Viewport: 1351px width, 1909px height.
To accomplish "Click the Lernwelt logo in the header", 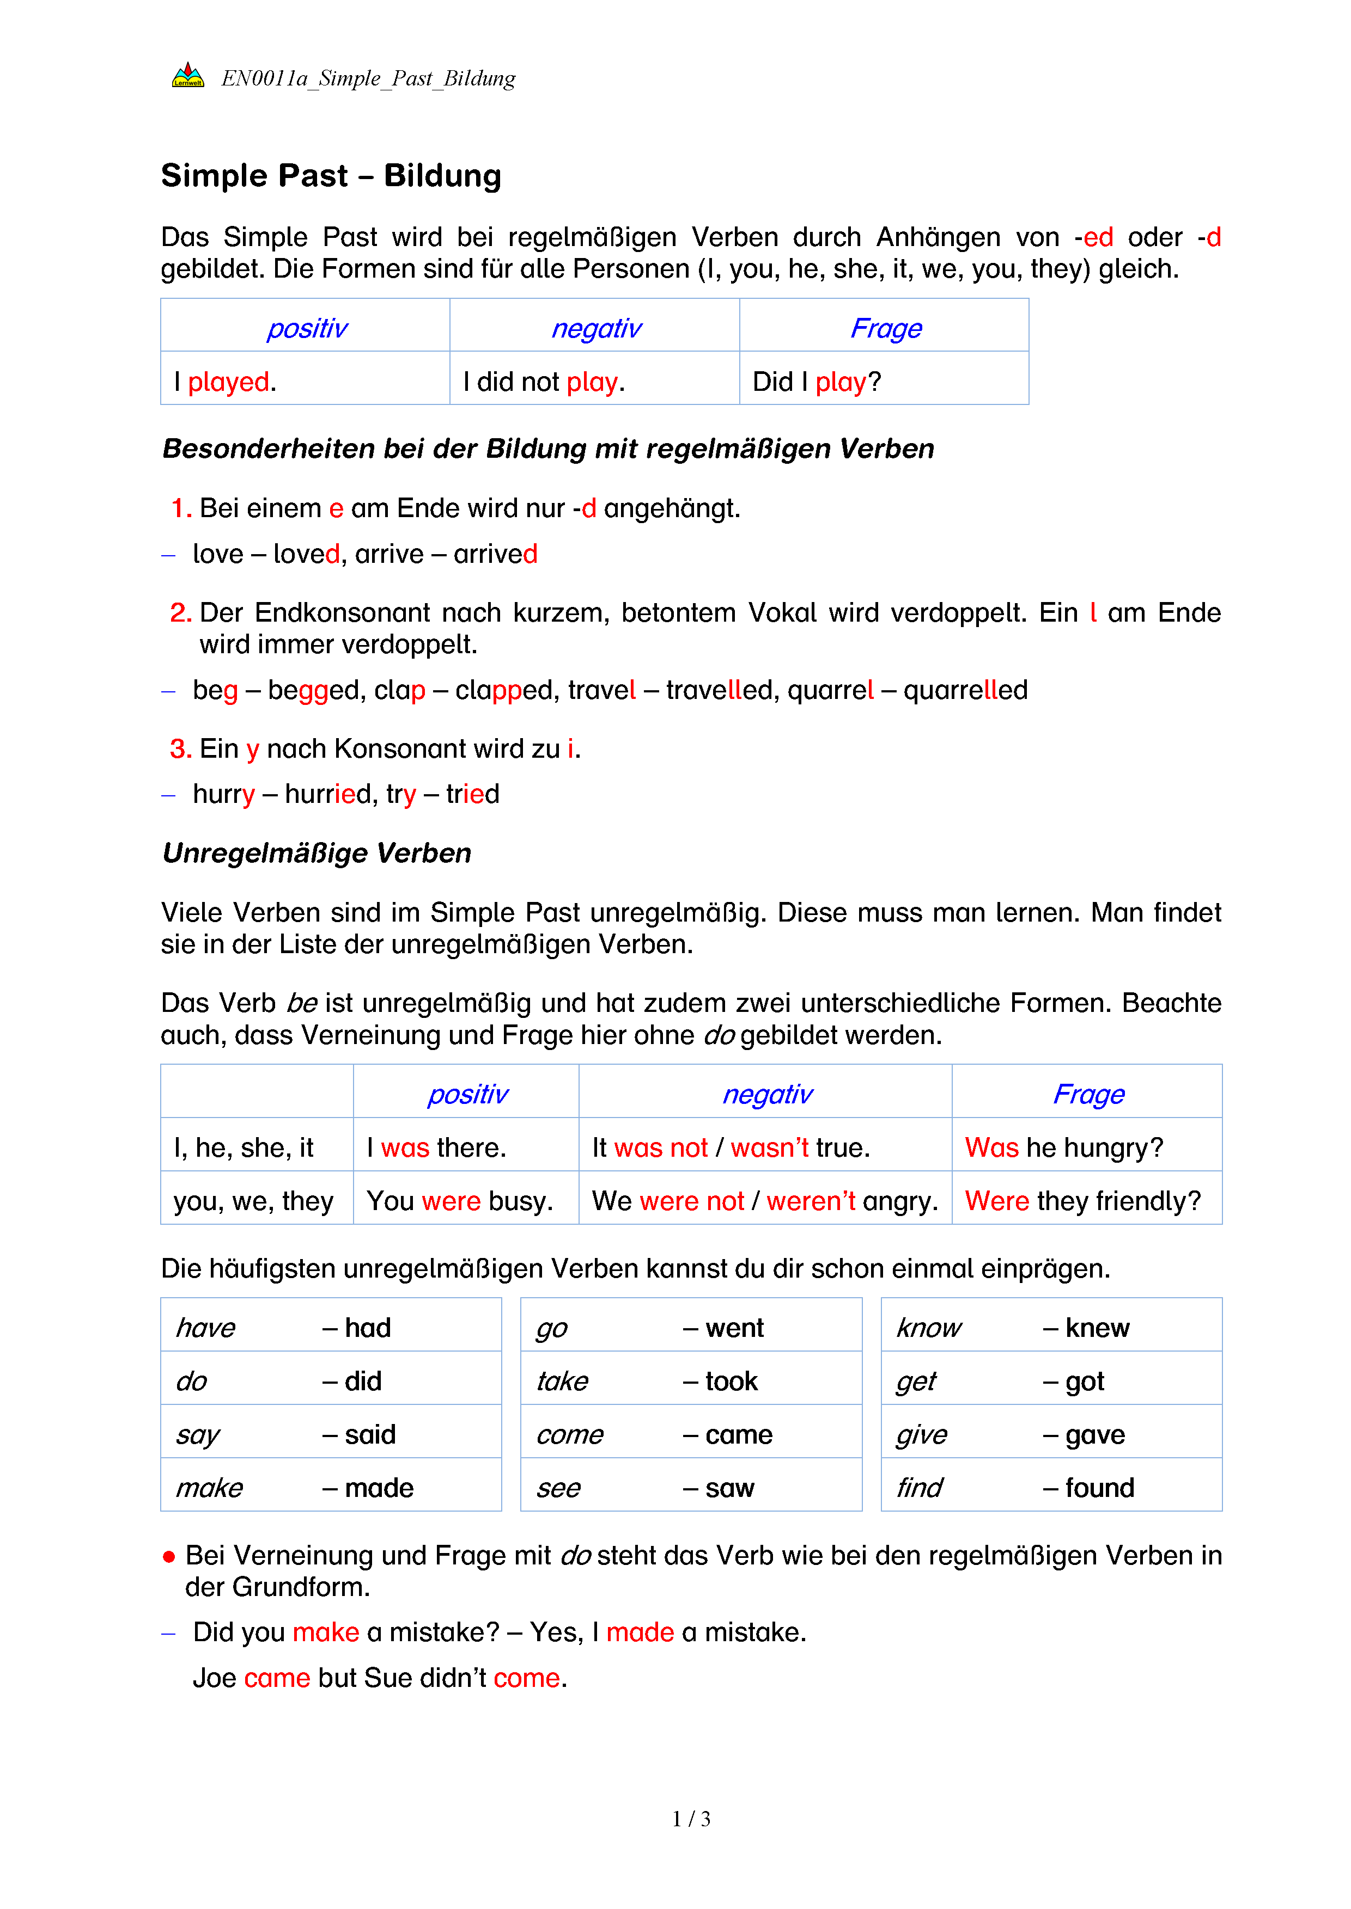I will (188, 76).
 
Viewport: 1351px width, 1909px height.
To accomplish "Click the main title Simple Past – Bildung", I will (331, 176).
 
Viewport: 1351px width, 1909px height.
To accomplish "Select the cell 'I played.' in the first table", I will (224, 382).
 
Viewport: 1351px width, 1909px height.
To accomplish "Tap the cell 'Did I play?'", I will (816, 382).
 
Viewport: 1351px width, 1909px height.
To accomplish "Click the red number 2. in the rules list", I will (180, 613).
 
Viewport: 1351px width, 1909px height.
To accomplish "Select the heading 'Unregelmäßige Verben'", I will (317, 853).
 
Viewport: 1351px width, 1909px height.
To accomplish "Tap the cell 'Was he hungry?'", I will (1063, 1147).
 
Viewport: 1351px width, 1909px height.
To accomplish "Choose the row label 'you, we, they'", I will (254, 1201).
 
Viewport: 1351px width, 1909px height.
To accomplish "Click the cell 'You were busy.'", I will (459, 1201).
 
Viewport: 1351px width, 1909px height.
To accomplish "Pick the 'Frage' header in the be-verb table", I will (1088, 1094).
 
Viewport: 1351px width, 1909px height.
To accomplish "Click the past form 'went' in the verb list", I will (734, 1328).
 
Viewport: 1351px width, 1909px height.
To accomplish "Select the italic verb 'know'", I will (928, 1328).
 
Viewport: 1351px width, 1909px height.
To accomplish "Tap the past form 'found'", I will (1099, 1488).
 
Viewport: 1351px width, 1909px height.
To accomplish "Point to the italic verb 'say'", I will (198, 1435).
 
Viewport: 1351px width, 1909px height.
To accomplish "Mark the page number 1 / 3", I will (691, 1819).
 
